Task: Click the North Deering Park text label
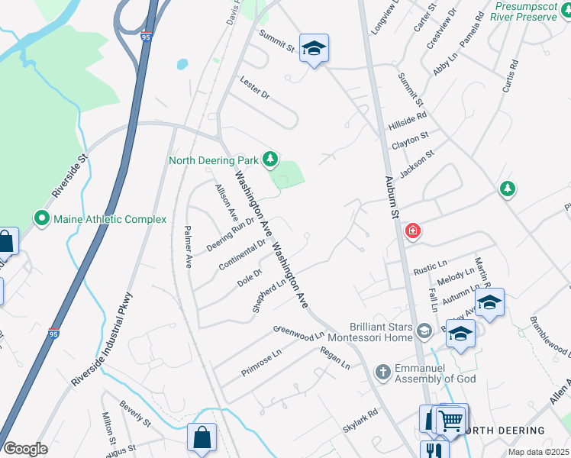[213, 160]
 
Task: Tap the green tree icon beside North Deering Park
[269, 159]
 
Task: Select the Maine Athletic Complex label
[109, 219]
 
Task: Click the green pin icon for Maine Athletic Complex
[43, 219]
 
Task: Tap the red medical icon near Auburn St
[413, 231]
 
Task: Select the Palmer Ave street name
[189, 247]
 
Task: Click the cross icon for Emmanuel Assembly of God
[382, 372]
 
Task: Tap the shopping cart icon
[451, 419]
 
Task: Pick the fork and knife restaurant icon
[434, 451]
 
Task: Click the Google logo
[26, 448]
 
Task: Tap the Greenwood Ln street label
[298, 333]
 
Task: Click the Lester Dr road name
[254, 89]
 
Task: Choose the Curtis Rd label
[509, 76]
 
